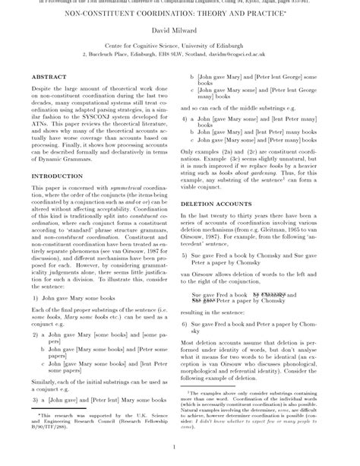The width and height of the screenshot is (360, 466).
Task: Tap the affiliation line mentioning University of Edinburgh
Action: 179,47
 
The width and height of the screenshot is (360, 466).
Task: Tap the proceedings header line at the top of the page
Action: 179,2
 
